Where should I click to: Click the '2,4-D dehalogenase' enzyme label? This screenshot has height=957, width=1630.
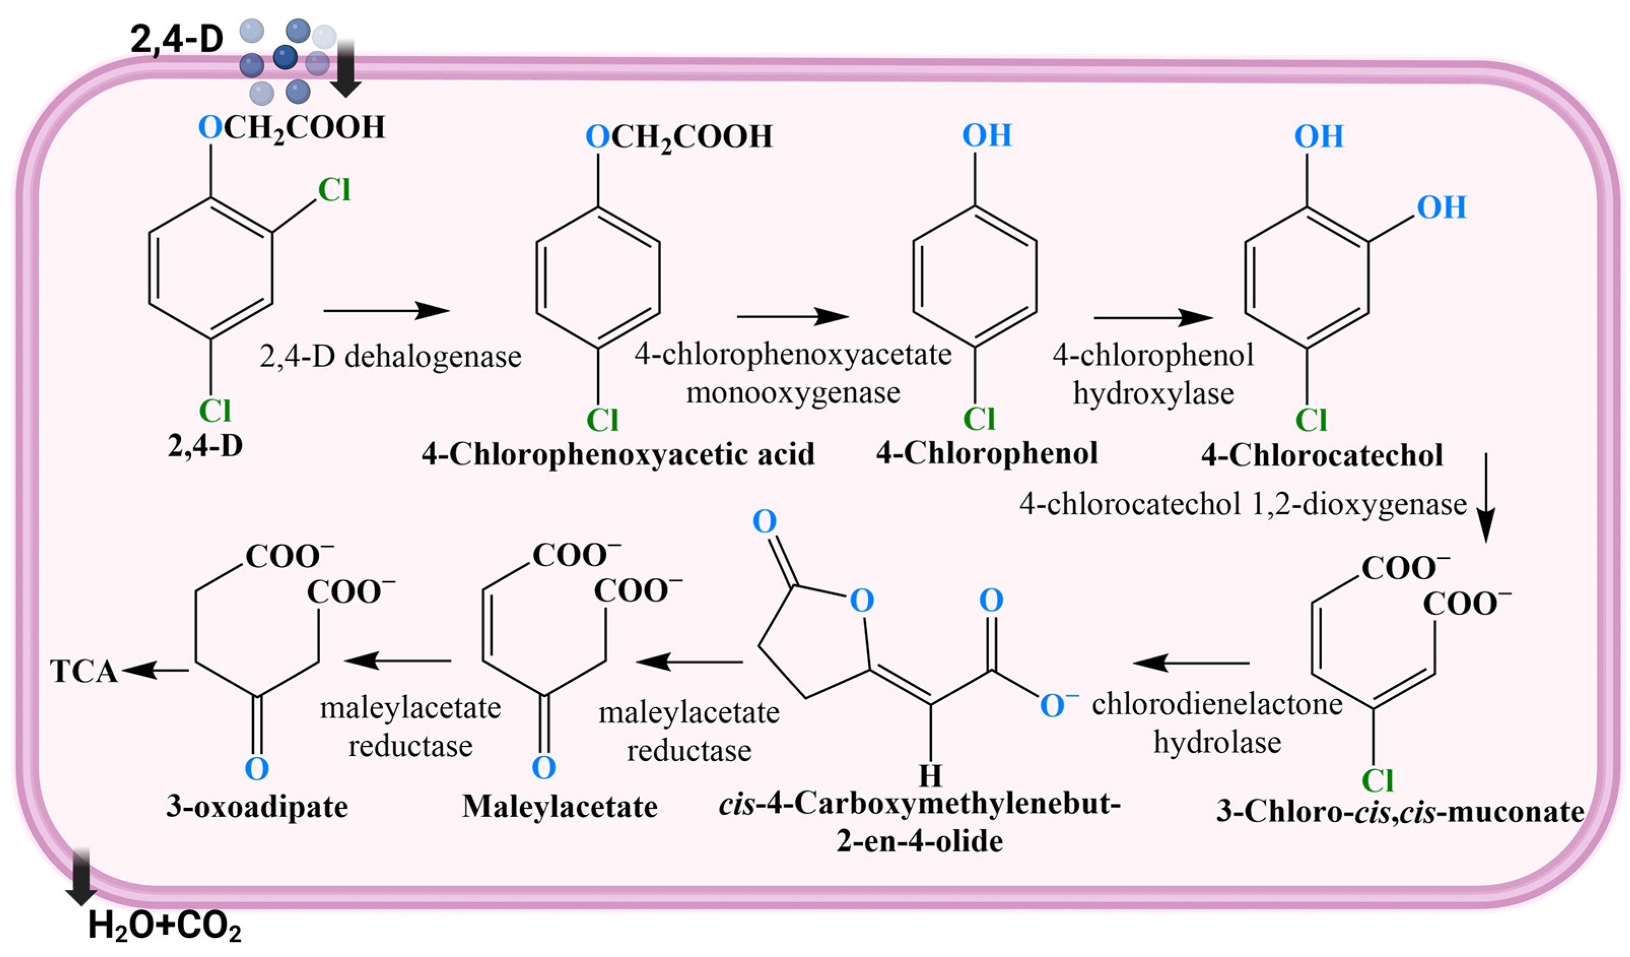tap(390, 356)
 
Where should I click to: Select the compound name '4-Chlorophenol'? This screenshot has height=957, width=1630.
tap(987, 453)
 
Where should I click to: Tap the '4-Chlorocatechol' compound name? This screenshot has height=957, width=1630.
tap(1321, 455)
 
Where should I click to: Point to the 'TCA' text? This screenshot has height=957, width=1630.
tap(83, 671)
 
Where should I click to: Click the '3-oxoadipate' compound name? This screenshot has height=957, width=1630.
tap(257, 806)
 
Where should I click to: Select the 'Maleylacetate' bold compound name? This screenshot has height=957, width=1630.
tap(560, 806)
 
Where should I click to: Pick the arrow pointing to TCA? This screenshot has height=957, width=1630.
tap(155, 670)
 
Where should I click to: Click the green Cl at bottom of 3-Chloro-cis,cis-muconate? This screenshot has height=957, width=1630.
tap(1376, 780)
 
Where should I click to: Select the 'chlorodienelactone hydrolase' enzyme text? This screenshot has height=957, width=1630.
tap(1217, 723)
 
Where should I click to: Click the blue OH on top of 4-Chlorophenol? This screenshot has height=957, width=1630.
tap(987, 135)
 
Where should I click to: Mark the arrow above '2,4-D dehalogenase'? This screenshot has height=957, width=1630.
tap(386, 311)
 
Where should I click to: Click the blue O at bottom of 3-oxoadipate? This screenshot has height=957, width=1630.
tap(257, 769)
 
